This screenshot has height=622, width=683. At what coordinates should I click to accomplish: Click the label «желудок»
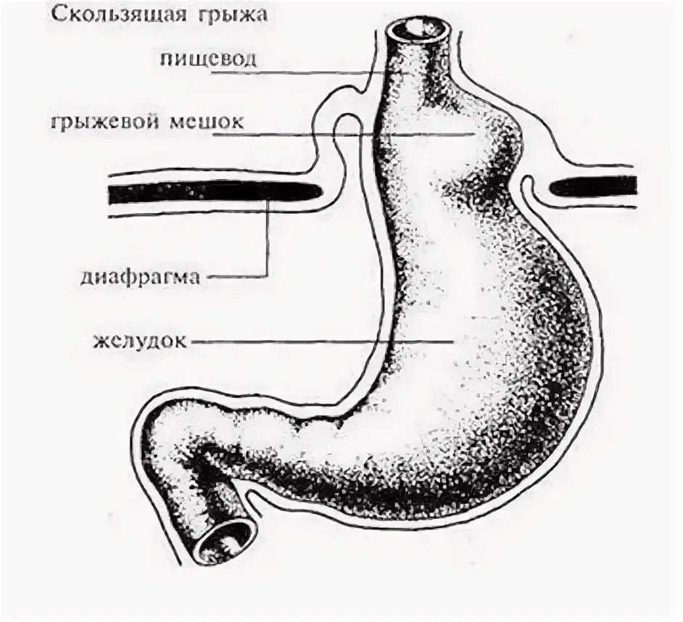pos(142,340)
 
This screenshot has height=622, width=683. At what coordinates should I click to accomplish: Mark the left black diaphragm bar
pos(210,193)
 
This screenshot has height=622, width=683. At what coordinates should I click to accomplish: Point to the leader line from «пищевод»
pos(319,71)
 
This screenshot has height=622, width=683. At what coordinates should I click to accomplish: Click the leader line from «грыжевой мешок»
pos(363,134)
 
